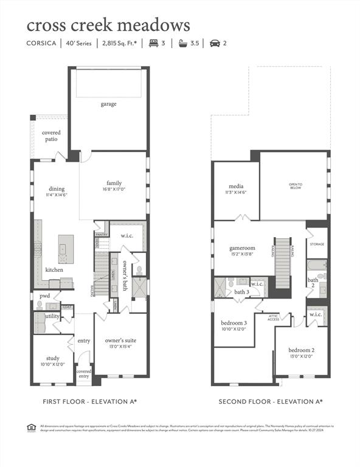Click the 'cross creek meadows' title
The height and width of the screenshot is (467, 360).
108,26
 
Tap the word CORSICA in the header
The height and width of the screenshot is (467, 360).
41,44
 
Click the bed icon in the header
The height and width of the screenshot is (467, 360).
154,44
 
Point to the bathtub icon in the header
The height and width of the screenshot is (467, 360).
182,44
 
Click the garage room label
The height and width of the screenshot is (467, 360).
109,104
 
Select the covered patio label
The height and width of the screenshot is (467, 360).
50,136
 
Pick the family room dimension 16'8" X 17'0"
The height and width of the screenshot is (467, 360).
114,190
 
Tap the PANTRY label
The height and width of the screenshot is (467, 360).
102,234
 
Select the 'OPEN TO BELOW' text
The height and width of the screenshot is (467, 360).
295,186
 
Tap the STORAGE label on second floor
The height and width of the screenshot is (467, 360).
317,244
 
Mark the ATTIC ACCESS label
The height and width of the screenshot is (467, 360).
273,318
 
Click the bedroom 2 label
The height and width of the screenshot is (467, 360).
300,351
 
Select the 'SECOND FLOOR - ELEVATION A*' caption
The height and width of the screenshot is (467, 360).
271,402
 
